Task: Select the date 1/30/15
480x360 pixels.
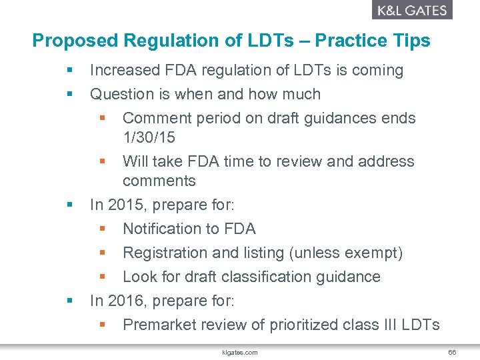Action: (149, 137)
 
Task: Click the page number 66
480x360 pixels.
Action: (451, 351)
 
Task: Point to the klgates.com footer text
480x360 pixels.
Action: (240, 351)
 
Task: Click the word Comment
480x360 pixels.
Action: (153, 118)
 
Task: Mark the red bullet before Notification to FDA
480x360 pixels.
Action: (103, 229)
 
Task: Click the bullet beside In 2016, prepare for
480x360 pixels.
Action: (69, 301)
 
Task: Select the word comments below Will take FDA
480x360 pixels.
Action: (159, 181)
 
